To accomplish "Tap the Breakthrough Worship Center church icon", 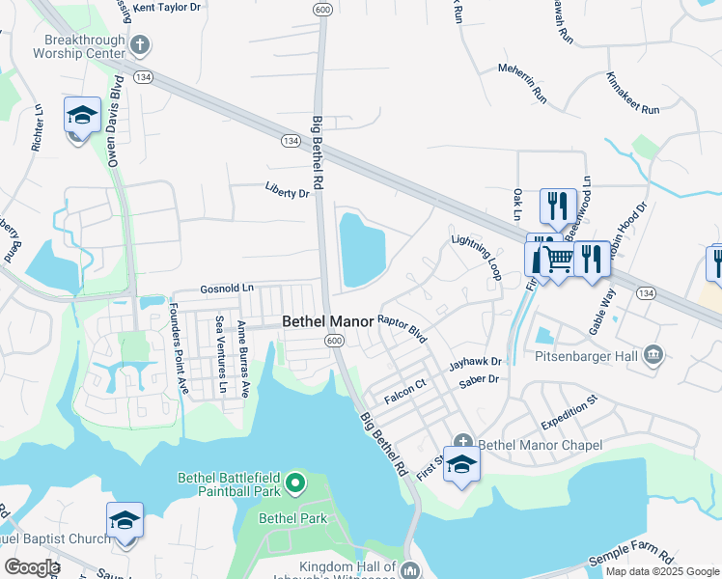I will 141,44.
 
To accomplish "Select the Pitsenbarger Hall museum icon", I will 654,356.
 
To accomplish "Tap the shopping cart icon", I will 557,259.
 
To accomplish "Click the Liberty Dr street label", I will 288,193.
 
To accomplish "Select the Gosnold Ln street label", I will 227,289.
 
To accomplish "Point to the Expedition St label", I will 569,410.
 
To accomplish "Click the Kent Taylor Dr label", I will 167,7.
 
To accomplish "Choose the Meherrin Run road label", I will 522,83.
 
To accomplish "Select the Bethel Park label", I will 298,518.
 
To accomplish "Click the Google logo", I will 32,567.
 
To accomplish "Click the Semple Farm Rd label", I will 630,552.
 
